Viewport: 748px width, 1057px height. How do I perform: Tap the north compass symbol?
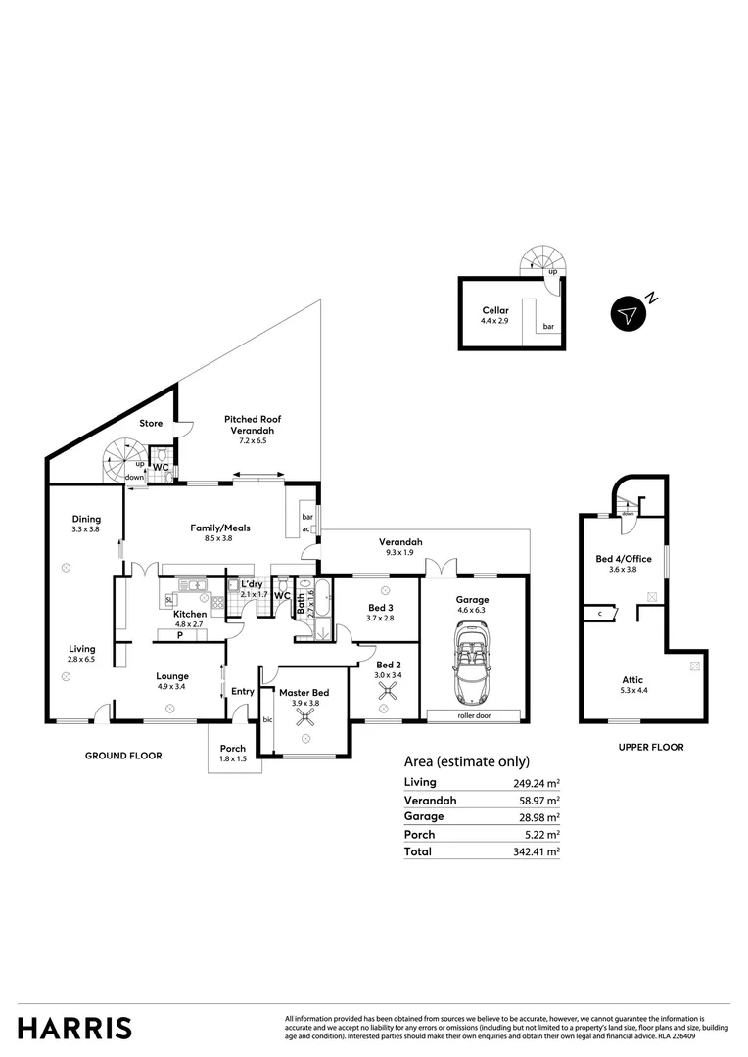coord(628,314)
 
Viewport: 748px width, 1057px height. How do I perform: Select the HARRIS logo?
coord(74,1028)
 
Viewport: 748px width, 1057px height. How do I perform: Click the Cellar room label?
coord(495,310)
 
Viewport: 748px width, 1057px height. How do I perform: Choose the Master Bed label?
coord(305,693)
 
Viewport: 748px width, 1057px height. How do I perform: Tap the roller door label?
coord(473,715)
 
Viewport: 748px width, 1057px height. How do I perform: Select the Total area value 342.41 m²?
coord(538,852)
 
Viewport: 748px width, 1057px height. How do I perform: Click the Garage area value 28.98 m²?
coord(538,817)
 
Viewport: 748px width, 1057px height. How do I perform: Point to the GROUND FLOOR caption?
coord(123,756)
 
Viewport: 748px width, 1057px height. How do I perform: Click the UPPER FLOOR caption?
coord(651,747)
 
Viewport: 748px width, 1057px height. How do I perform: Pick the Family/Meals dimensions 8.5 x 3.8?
coord(219,538)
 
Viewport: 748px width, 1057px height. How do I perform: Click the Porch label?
coord(233,749)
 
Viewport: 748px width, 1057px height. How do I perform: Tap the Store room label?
coord(151,424)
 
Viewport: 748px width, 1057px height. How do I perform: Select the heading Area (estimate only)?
coord(467,761)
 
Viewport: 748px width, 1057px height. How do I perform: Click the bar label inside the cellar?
coord(548,327)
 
